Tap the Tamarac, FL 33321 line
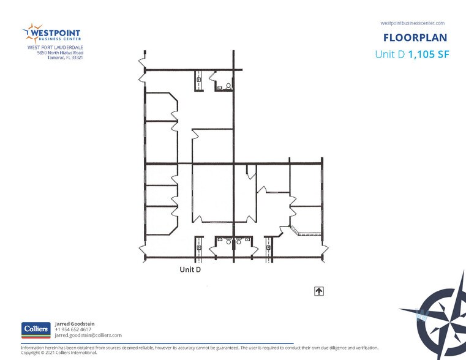[x=66, y=58]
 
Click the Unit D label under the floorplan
[x=190, y=269]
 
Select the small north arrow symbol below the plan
[x=319, y=291]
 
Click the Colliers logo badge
[x=36, y=329]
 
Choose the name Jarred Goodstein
[x=75, y=323]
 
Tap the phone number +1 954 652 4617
[x=73, y=329]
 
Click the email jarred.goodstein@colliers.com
[x=88, y=335]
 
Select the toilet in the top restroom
[x=228, y=86]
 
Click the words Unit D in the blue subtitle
[x=389, y=54]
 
